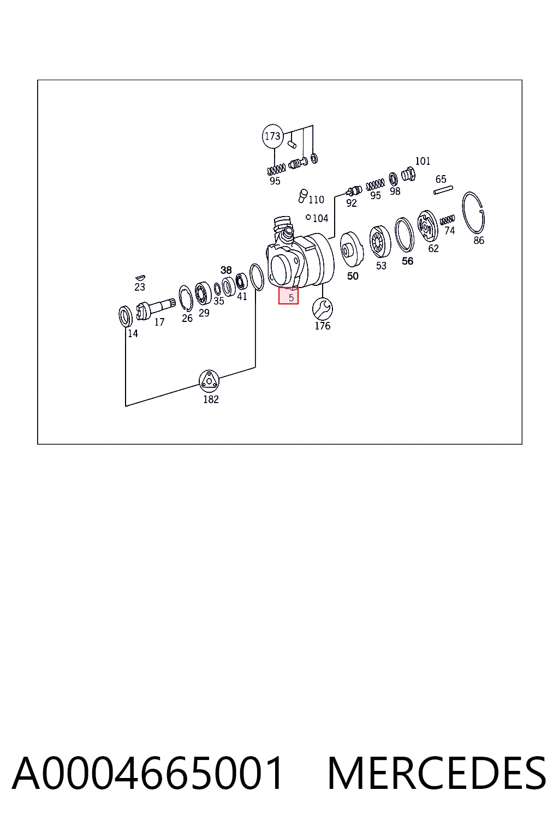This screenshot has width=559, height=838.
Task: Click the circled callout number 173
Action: click(272, 136)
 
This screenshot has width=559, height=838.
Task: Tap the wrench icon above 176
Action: click(323, 309)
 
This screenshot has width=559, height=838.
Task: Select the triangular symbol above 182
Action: click(209, 381)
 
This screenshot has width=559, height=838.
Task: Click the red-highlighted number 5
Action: click(291, 298)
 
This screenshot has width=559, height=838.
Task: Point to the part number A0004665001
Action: click(147, 773)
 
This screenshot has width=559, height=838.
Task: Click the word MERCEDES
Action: click(437, 773)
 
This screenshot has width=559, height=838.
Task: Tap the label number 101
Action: click(423, 161)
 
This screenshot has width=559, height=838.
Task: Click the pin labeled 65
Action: click(443, 190)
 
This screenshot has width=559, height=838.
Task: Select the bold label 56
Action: click(407, 261)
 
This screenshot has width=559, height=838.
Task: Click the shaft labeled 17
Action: click(156, 308)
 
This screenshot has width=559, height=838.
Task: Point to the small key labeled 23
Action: click(140, 278)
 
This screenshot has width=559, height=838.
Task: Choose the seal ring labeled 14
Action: click(126, 316)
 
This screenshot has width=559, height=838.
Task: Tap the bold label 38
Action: click(226, 270)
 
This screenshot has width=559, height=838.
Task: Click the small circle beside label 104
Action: click(308, 217)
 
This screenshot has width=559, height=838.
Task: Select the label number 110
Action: click(317, 200)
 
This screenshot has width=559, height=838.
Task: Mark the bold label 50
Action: click(353, 276)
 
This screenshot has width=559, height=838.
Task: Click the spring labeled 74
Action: click(447, 220)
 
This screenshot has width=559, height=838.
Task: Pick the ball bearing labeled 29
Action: click(203, 293)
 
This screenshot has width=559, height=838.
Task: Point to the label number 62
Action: click(433, 248)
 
